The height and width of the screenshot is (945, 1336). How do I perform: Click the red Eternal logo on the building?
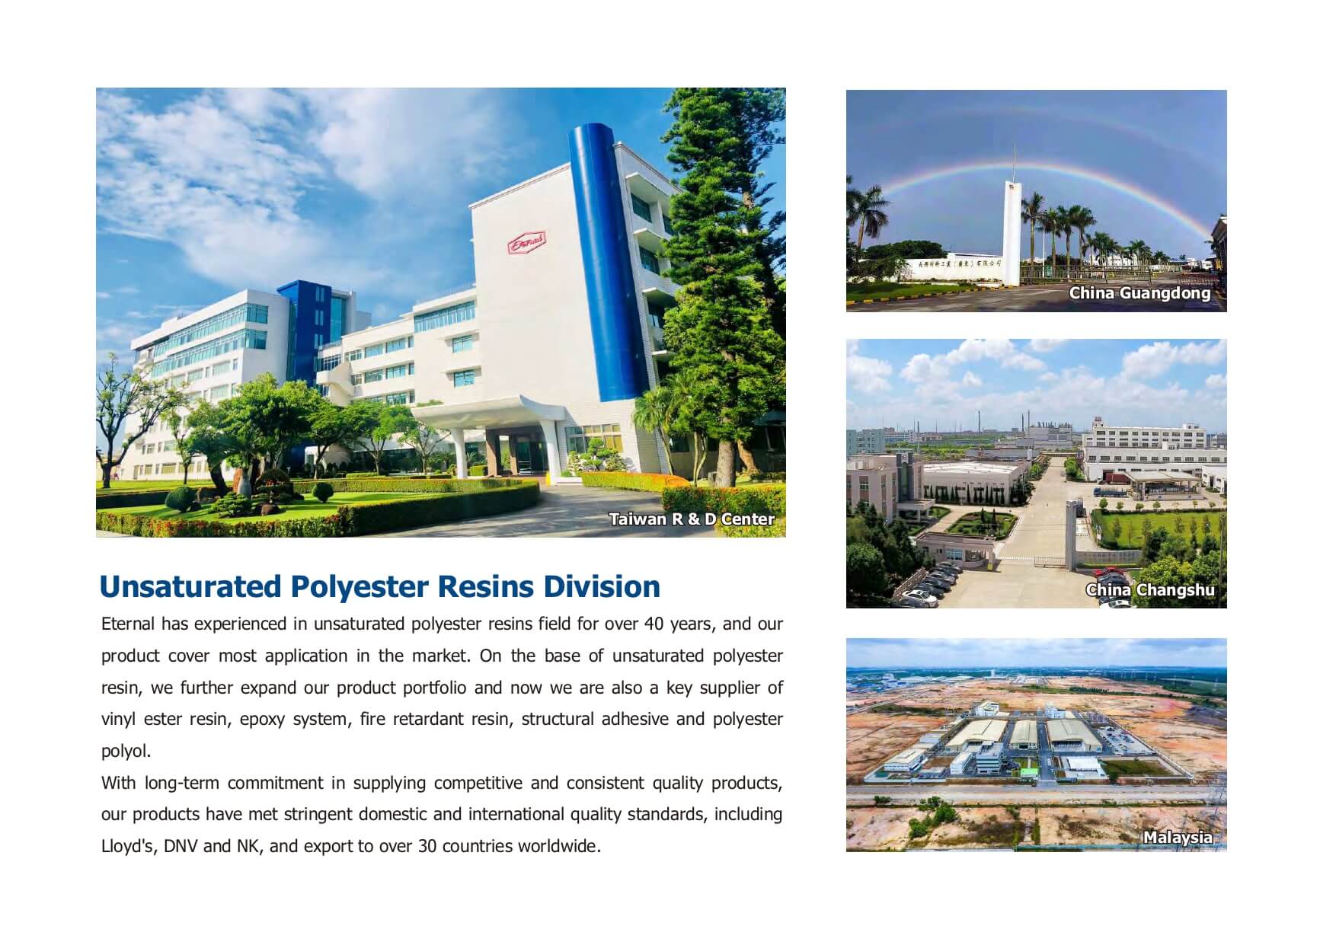tap(526, 244)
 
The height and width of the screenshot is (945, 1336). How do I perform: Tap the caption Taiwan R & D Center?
tap(692, 519)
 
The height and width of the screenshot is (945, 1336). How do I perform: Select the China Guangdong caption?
tap(1139, 293)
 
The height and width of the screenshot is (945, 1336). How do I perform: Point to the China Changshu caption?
tap(1150, 590)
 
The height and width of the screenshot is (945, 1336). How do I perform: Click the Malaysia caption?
tap(1178, 838)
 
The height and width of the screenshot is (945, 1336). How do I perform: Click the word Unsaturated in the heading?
tap(190, 587)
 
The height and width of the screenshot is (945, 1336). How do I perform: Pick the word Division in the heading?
tap(602, 587)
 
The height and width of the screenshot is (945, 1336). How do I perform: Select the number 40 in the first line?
tap(654, 624)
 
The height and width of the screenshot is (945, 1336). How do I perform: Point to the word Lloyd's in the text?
tap(127, 847)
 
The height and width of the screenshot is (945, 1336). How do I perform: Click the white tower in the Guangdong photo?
tap(1012, 231)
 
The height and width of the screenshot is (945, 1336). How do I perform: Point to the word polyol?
tap(126, 752)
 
